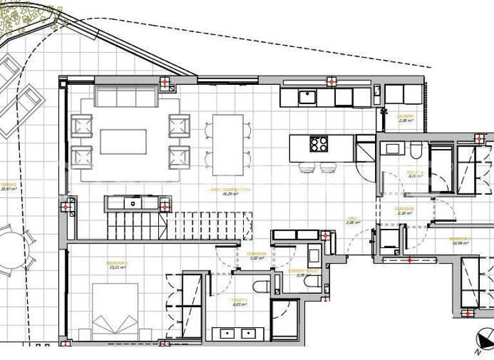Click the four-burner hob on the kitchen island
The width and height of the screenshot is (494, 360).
(319, 143)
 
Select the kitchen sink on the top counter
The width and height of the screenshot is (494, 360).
(306, 98)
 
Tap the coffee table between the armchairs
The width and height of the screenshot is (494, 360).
(123, 141)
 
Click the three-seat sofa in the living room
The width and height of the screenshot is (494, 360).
(126, 96)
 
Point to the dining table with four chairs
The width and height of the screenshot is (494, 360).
(228, 145)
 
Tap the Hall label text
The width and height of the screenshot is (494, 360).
(352, 219)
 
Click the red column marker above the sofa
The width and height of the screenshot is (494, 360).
(165, 82)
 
